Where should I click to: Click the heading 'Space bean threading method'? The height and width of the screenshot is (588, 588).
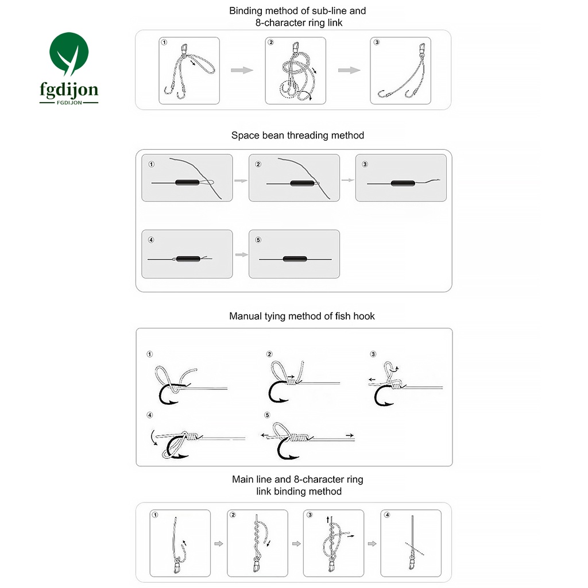[x=297, y=136]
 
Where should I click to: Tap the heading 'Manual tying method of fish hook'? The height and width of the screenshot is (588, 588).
[x=301, y=316]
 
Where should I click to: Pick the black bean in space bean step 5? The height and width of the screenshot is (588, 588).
[x=295, y=260]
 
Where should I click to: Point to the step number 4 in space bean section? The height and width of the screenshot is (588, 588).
[x=151, y=239]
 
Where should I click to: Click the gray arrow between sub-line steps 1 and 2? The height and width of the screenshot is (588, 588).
[x=242, y=70]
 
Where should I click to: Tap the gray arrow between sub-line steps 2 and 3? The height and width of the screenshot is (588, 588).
[x=349, y=70]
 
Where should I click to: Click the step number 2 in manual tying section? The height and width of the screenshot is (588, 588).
[x=269, y=354]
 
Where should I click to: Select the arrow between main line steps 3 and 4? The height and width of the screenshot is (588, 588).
[x=372, y=544]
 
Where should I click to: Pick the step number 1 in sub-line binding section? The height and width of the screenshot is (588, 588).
[x=165, y=42]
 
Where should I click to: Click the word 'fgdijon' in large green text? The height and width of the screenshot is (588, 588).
[x=68, y=90]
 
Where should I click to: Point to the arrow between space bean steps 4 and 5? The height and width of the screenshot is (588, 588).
[x=241, y=254]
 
